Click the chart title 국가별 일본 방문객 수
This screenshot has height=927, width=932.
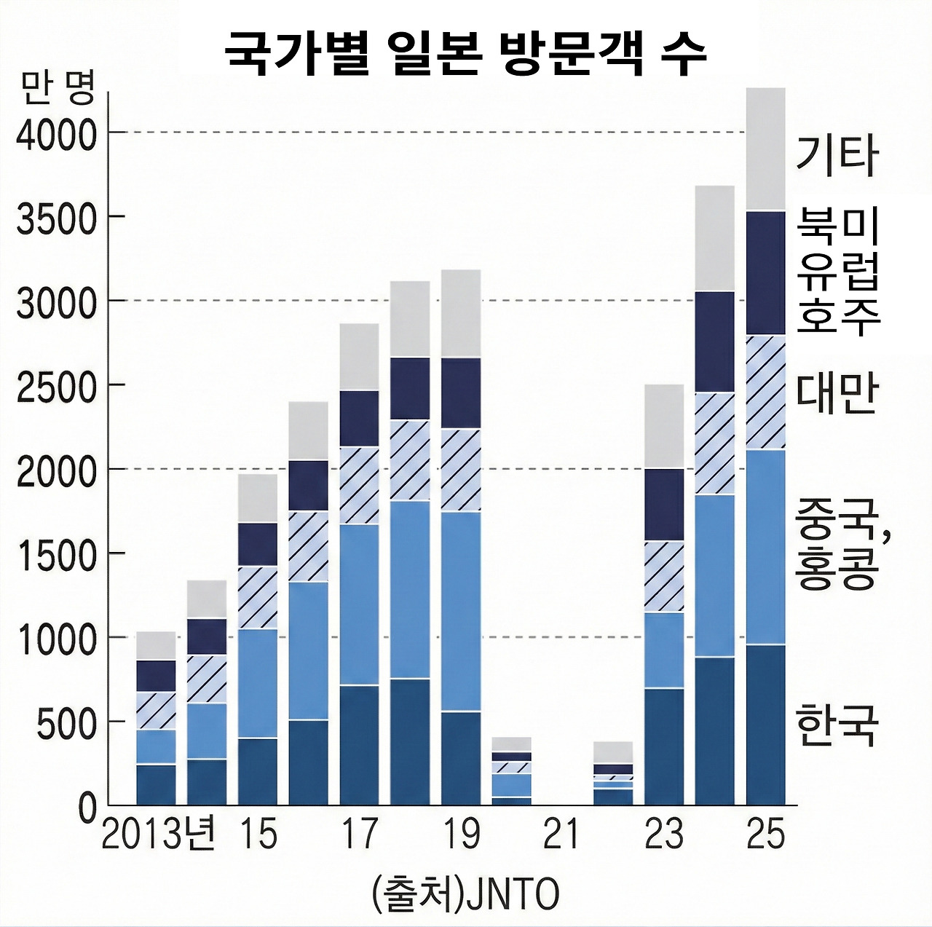point(465,52)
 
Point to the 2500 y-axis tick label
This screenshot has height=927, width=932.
point(57,387)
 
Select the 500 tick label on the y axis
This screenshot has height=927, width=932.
point(67,723)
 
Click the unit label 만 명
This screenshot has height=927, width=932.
point(58,87)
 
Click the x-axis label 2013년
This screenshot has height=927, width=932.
point(158,834)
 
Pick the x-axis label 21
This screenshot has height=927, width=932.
point(561,834)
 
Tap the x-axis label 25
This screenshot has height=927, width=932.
point(765,834)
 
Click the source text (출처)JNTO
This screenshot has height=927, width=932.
point(465,894)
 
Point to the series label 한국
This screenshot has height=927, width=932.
point(837,725)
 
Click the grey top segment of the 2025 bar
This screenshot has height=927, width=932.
point(766,149)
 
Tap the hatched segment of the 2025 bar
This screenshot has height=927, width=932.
point(766,392)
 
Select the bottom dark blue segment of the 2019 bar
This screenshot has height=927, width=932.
point(461,757)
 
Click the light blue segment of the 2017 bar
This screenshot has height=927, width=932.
point(360,604)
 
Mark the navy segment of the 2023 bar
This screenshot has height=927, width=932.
point(664,504)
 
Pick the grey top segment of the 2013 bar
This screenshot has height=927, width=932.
point(157,645)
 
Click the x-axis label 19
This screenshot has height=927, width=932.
point(461,834)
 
